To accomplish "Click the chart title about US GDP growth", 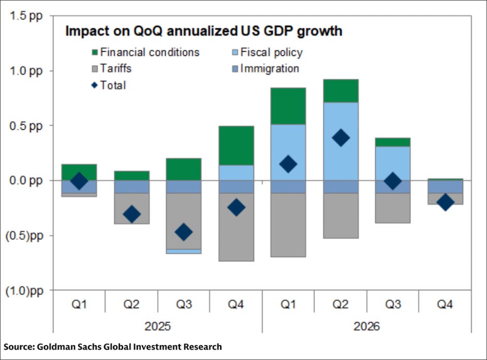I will pyautogui.click(x=203, y=31).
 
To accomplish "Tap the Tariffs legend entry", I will pyautogui.click(x=116, y=69).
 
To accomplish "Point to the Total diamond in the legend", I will pyautogui.click(x=95, y=85).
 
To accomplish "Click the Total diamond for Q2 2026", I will pyautogui.click(x=341, y=138).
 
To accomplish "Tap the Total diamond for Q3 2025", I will pyautogui.click(x=183, y=232).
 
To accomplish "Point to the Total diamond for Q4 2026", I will pyautogui.click(x=445, y=202).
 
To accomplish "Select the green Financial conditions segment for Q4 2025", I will pyautogui.click(x=235, y=145).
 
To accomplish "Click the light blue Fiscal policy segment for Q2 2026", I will pyautogui.click(x=341, y=141).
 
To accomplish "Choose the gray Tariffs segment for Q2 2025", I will pyautogui.click(x=131, y=208).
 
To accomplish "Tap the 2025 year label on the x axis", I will pyautogui.click(x=158, y=327).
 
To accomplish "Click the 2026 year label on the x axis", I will pyautogui.click(x=366, y=327).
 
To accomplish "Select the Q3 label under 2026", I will pyautogui.click(x=392, y=305).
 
